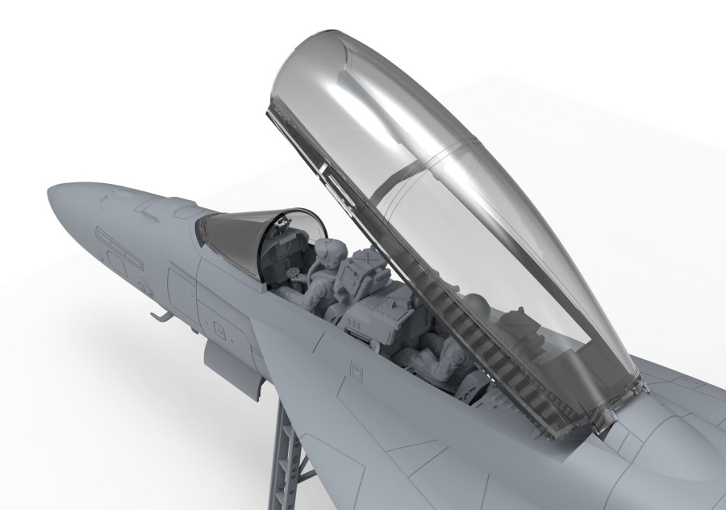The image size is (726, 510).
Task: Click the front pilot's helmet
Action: coord(325,249)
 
